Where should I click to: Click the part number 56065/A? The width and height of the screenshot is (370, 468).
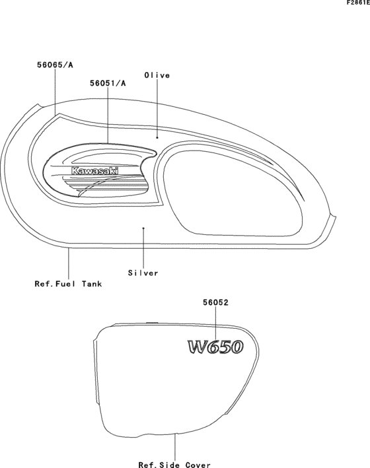pos(55,65)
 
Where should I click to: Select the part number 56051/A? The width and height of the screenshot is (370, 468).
pos(108,83)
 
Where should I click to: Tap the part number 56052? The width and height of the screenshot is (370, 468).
pos(215,302)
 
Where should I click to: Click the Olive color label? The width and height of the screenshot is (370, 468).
pos(157,75)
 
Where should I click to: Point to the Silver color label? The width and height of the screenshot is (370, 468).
pos(143,273)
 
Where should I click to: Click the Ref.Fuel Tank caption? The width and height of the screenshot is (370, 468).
pos(69,284)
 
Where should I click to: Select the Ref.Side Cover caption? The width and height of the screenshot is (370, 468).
pos(174,465)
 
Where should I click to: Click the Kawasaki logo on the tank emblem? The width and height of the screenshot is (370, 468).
pos(94,171)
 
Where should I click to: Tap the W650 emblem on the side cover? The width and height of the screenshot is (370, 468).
pos(215,347)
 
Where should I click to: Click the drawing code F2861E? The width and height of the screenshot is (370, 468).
pos(358,3)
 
